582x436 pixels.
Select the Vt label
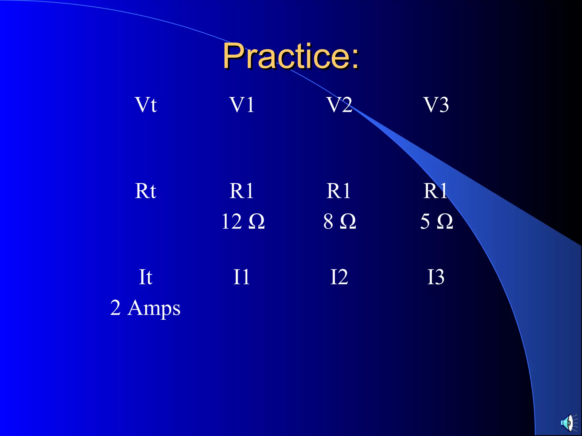pos(145,105)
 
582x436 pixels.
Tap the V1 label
pos(242,105)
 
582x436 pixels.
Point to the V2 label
pos(339,105)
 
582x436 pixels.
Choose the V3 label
pos(436,105)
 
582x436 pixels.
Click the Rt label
pos(145,191)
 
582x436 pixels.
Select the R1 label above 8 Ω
pos(339,191)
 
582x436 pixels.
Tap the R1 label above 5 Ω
pos(435,191)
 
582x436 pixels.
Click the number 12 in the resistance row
pos(232,221)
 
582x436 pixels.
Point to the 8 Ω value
pos(340,221)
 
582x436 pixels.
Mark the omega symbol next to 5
pos(445,221)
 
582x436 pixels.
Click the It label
pos(145,277)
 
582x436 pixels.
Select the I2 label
pos(339,277)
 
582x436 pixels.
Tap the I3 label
pos(436,277)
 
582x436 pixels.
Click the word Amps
pos(154,308)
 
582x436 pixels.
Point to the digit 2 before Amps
pos(115,308)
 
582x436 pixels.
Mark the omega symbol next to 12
pos(257,221)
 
